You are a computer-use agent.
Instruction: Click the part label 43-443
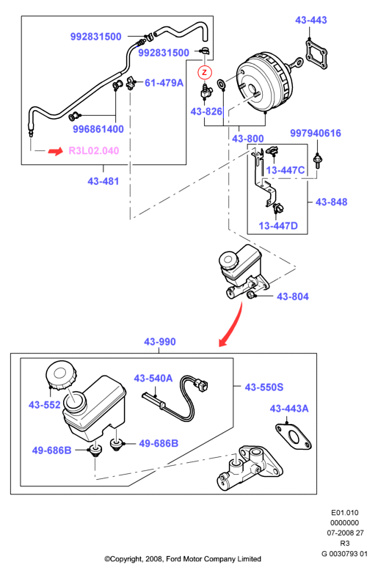(x=310, y=20)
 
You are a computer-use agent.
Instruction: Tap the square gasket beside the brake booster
(x=316, y=54)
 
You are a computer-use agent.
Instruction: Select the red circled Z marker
(x=205, y=72)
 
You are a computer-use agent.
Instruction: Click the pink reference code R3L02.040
(x=94, y=150)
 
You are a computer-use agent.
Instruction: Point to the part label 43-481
(x=103, y=181)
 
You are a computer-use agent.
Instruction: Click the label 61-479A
(x=164, y=83)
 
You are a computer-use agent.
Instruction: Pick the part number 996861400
(x=98, y=129)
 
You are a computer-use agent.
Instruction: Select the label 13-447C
(x=285, y=170)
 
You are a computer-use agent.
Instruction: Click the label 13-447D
(x=278, y=226)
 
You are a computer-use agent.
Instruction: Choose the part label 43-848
(x=331, y=202)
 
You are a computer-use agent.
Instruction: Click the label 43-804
(x=292, y=296)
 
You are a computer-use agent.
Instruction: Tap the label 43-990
(x=160, y=342)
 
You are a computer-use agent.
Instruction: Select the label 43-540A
(x=153, y=379)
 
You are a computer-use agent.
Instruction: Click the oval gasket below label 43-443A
(x=293, y=437)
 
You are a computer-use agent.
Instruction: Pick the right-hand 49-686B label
(x=159, y=443)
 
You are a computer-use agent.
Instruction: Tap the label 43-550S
(x=264, y=387)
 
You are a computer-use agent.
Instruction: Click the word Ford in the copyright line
(x=174, y=559)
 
